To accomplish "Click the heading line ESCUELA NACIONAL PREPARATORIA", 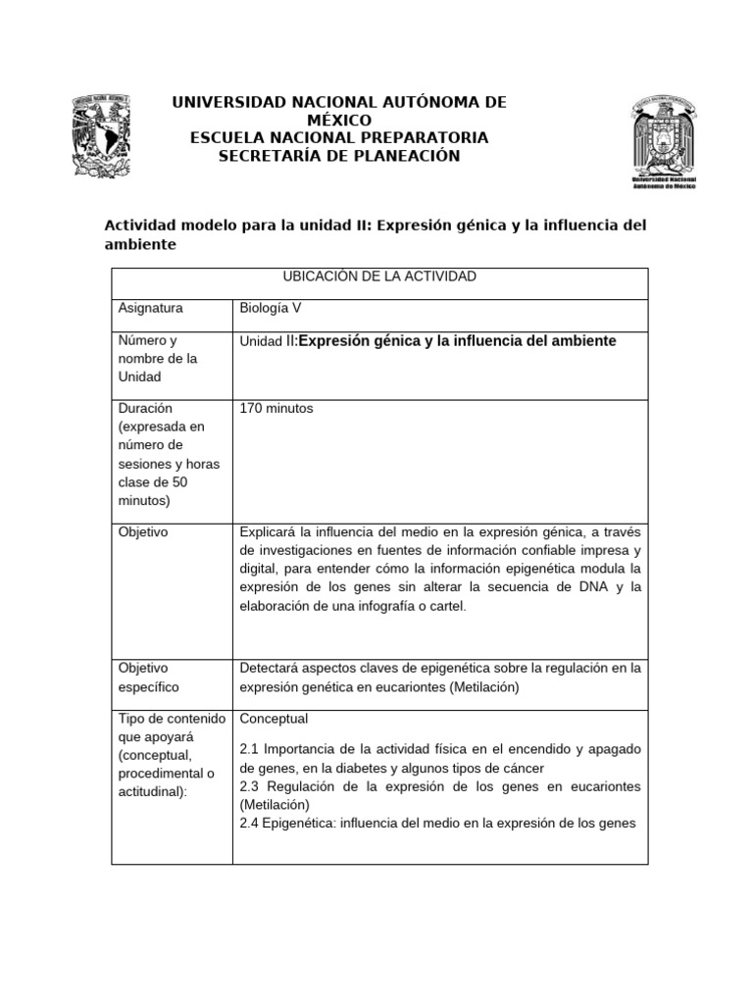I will coord(338,137).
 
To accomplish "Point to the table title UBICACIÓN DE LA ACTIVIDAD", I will coord(378,276).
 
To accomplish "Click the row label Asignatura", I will coord(150,308).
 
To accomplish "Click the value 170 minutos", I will coord(276,408).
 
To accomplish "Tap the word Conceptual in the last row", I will coord(274,719).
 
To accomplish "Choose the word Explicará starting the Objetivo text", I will coord(269,531).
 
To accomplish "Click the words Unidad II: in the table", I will coord(268,341).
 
